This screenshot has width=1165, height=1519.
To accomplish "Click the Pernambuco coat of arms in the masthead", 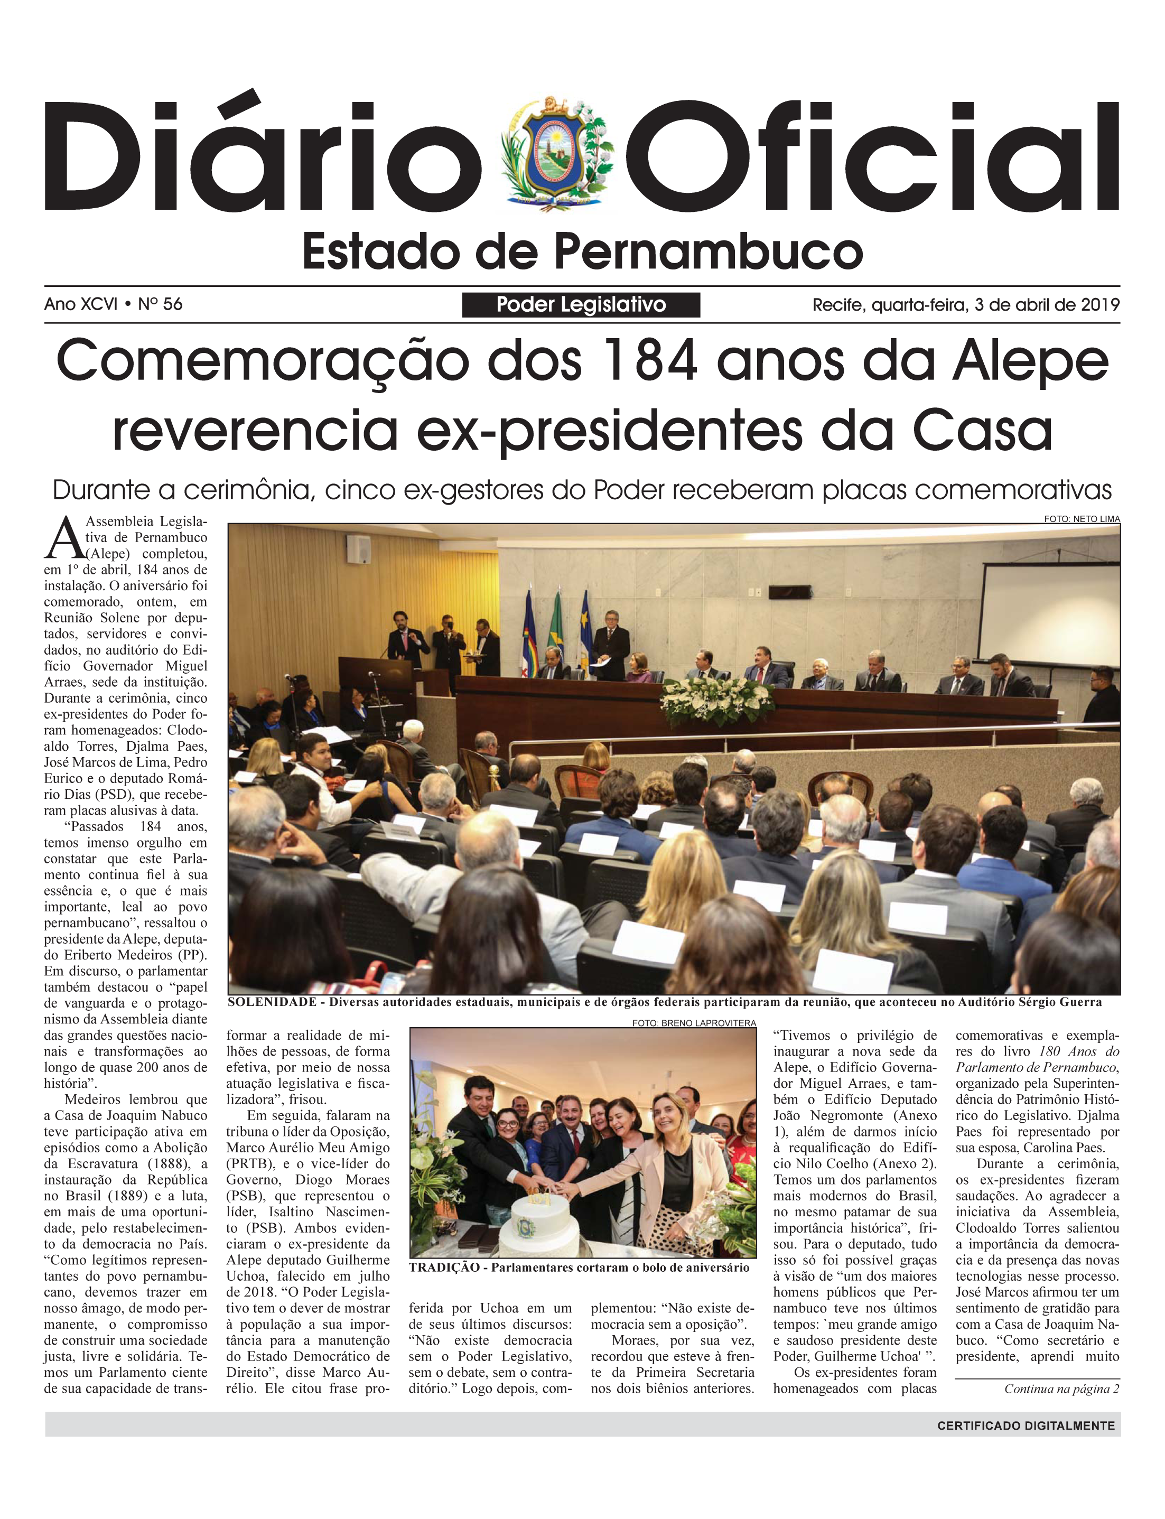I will click(557, 154).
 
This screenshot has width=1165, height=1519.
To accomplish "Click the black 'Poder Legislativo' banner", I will click(581, 305).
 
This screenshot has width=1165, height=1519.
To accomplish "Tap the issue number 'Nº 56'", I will click(160, 304).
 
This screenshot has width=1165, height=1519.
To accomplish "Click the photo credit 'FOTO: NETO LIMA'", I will click(1082, 519).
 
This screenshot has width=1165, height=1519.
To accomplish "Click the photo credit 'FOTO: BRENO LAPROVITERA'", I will click(693, 1022).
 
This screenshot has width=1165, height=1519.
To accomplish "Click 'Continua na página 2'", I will click(1061, 1388).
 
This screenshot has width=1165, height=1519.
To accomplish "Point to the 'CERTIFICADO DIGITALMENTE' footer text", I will click(1026, 1426).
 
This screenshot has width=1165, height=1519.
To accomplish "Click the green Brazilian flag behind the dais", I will click(556, 628).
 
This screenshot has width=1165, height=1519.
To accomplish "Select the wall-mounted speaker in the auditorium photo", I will click(359, 548).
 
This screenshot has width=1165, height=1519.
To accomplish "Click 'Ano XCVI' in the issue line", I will click(80, 304).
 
